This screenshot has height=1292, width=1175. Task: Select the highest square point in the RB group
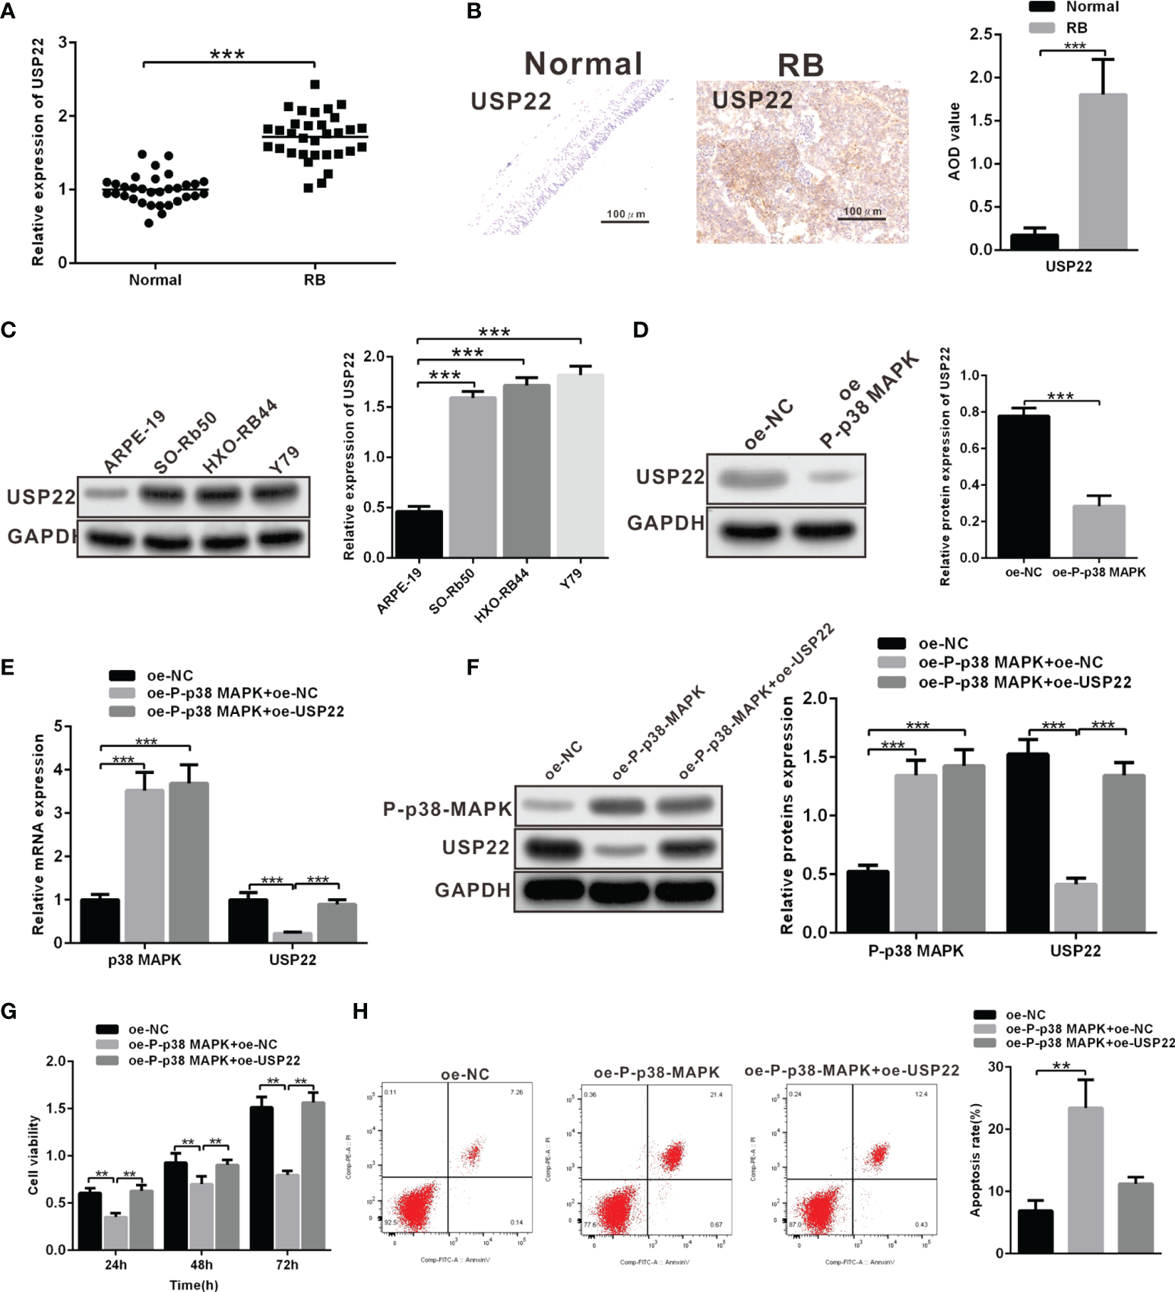pyautogui.click(x=315, y=84)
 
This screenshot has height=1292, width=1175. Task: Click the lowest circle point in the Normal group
pyautogui.click(x=149, y=223)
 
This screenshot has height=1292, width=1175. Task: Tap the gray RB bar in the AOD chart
pyautogui.click(x=1102, y=172)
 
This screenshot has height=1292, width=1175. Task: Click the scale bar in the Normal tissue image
pyautogui.click(x=626, y=222)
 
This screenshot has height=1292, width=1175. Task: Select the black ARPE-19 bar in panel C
pyautogui.click(x=419, y=533)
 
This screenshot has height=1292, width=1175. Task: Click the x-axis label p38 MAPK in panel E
pyautogui.click(x=144, y=960)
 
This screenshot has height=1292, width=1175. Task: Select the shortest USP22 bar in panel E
pyautogui.click(x=293, y=937)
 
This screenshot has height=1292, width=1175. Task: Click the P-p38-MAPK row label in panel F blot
pyautogui.click(x=447, y=809)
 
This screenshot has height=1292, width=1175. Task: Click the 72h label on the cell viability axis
pyautogui.click(x=287, y=1265)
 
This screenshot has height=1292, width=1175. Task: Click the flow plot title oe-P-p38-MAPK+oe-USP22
pyautogui.click(x=851, y=1071)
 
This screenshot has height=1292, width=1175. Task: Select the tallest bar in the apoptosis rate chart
pyautogui.click(x=1085, y=1179)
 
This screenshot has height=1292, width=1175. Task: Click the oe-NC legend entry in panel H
pyautogui.click(x=1025, y=1015)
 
